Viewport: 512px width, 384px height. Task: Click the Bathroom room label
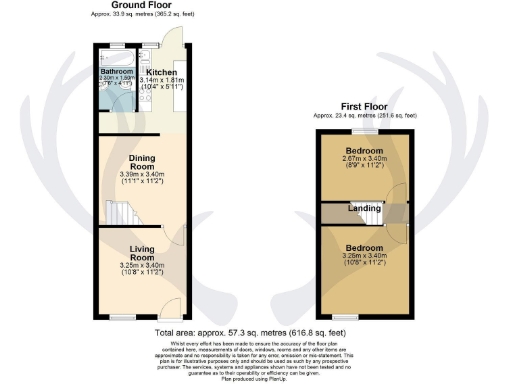pos(117,71)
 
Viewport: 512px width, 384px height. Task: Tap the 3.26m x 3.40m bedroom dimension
pos(366,258)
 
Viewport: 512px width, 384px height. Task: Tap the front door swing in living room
pos(169,304)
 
